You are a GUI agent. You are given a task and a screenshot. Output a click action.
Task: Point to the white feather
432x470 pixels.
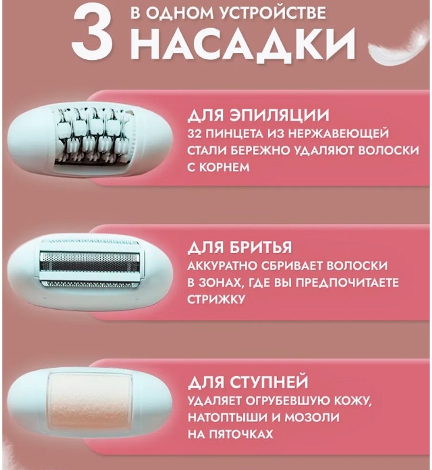[x=399, y=43]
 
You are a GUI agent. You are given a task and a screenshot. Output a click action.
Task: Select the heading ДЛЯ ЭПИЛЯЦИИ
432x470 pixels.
[x=258, y=115]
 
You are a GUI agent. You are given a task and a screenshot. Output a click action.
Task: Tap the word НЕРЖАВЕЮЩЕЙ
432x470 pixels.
[x=338, y=133]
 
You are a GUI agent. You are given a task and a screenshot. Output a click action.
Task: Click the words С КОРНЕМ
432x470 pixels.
[x=218, y=167]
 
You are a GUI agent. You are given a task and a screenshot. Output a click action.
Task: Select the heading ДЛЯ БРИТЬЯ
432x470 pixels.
[x=239, y=247]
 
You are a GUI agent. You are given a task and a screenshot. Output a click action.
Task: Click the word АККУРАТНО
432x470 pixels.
[x=221, y=266]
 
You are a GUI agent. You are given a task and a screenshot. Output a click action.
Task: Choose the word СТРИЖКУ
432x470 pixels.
[x=216, y=299]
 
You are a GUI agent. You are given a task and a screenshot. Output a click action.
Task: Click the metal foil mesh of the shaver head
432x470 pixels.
[x=90, y=262]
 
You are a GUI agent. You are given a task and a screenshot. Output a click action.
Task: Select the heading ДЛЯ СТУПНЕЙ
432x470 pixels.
[x=248, y=382]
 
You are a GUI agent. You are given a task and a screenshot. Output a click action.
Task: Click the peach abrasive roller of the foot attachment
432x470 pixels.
[x=90, y=402]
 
